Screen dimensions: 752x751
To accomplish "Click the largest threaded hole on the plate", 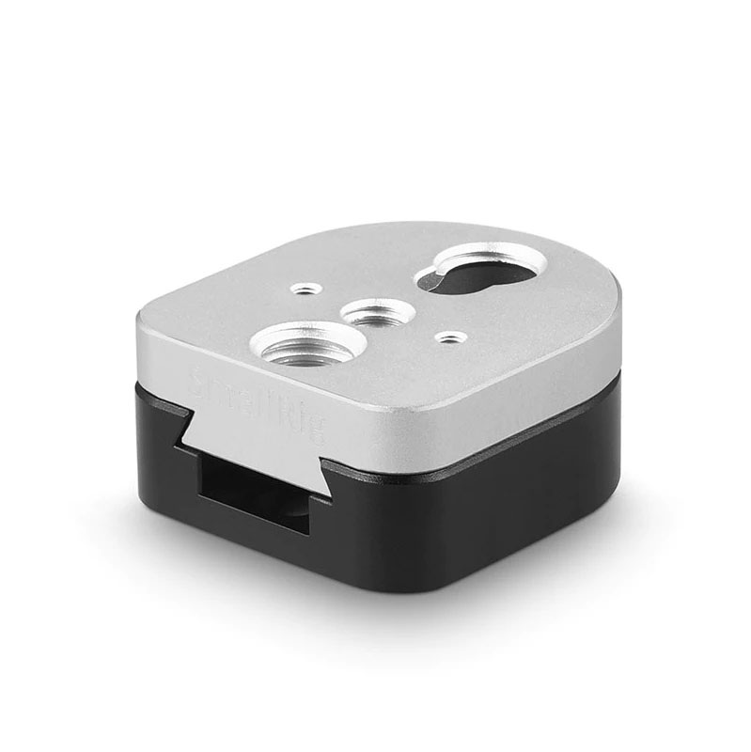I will click(x=308, y=343).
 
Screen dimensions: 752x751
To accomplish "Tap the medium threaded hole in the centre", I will click(x=372, y=312).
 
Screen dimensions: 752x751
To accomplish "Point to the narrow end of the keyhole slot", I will click(x=435, y=279).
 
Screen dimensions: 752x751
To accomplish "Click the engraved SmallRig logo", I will click(x=256, y=405).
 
